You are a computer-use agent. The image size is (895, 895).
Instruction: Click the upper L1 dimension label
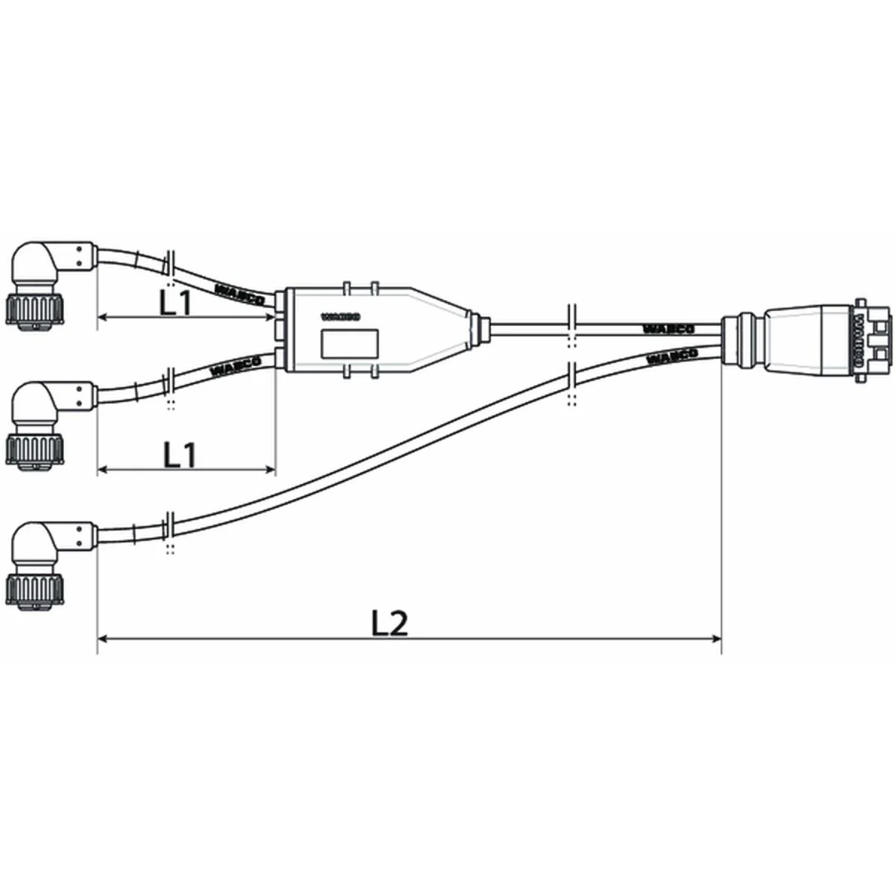click(176, 301)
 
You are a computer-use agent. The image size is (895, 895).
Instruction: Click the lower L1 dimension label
click(179, 454)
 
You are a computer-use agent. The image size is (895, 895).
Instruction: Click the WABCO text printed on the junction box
click(342, 317)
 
